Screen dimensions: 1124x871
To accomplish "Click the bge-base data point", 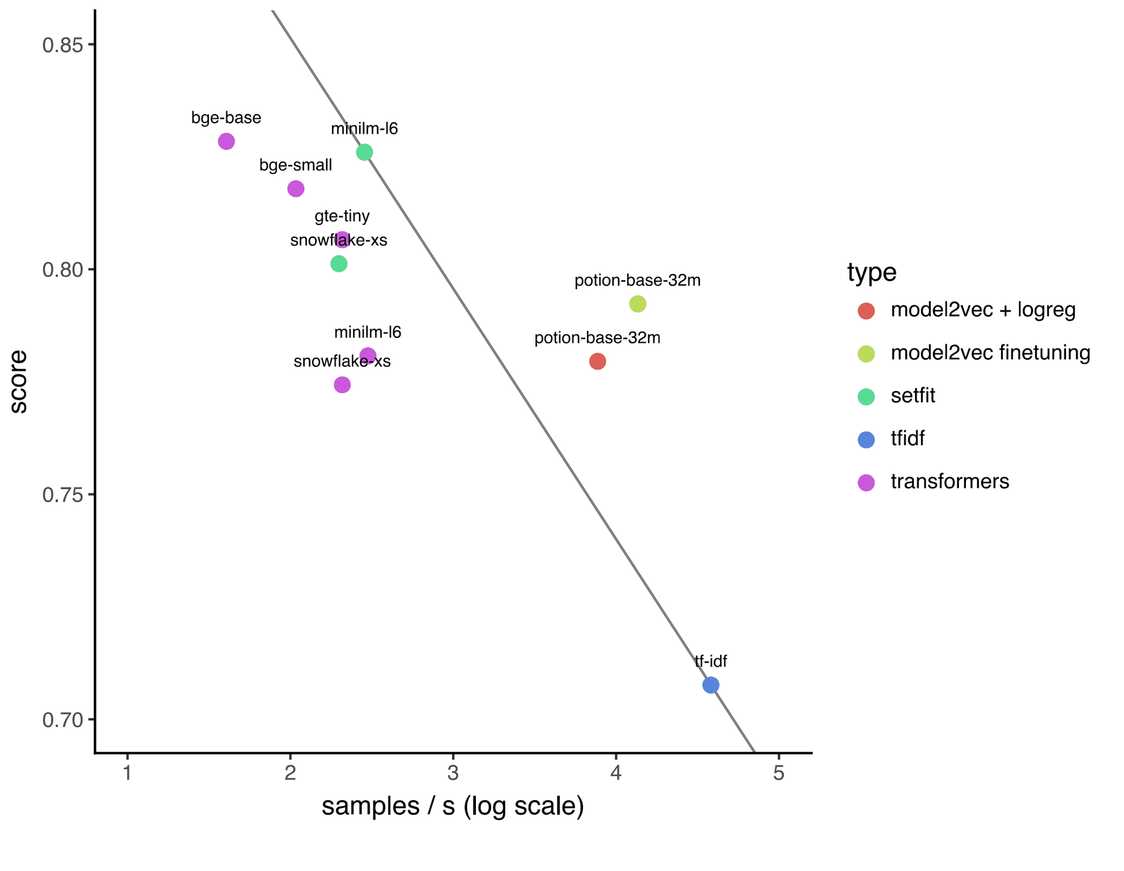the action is click(227, 141).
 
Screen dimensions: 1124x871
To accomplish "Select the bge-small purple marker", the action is click(296, 189).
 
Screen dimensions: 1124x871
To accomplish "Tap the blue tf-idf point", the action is click(711, 685).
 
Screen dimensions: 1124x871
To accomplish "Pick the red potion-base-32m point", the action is click(597, 361).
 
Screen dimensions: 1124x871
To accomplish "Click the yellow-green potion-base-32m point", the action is click(638, 304).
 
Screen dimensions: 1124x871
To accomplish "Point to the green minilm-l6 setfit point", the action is click(364, 152).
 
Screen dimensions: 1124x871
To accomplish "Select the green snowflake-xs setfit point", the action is click(339, 264).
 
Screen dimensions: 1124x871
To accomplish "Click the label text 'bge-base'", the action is click(226, 118).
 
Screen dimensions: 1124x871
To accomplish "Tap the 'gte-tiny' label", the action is click(342, 216).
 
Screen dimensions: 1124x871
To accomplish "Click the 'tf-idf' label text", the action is click(711, 661).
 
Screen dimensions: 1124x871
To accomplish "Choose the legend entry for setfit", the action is click(913, 395).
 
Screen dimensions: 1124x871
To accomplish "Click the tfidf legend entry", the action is click(907, 438).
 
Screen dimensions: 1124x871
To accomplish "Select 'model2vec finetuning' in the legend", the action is click(991, 353).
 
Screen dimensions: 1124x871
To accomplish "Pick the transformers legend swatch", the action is click(866, 483).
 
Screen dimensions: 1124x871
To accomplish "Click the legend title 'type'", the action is click(872, 272).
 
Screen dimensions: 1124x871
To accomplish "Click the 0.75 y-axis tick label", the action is click(62, 495).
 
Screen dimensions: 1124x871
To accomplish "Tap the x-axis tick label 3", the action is click(453, 773).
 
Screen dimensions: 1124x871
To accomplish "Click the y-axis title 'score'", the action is click(18, 382).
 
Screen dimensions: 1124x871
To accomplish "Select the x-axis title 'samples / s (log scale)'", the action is click(453, 807).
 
